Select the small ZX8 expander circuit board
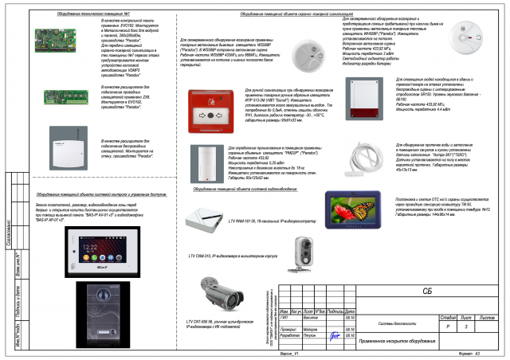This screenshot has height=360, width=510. (64, 98)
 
